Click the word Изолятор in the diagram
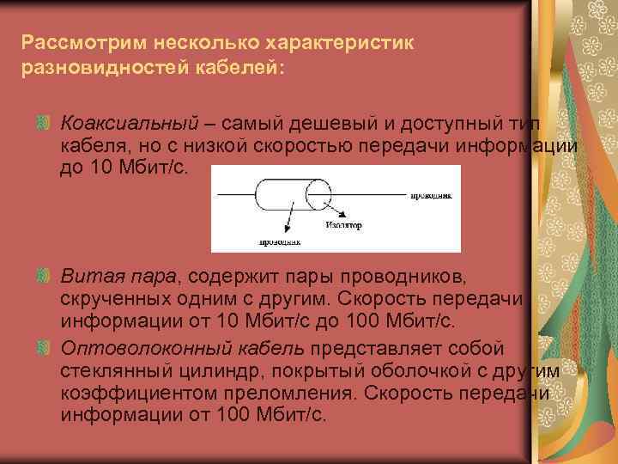[343, 226]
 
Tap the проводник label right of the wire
[431, 196]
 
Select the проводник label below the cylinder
[280, 241]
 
